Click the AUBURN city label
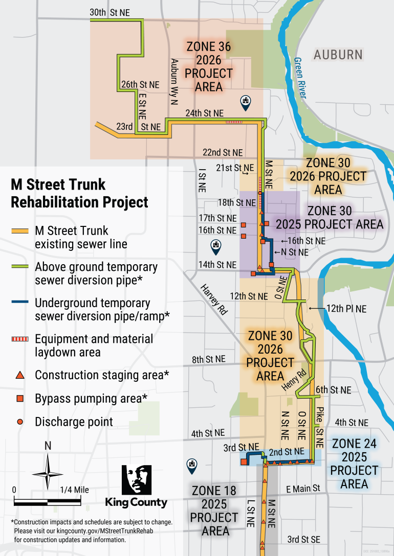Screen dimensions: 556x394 338,55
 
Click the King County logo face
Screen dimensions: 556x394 136,479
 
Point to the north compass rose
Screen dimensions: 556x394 48,472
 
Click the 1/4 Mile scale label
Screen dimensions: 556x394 74,490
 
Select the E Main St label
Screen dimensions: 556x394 303,489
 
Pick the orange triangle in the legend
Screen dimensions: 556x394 19,376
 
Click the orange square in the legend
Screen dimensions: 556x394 19,399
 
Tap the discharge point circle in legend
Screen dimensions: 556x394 19,422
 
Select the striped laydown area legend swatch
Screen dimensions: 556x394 19,339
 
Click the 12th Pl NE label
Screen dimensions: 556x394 346,309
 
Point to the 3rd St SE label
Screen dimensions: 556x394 303,540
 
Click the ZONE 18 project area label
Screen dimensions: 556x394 214,511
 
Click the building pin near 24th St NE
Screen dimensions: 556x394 246,101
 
